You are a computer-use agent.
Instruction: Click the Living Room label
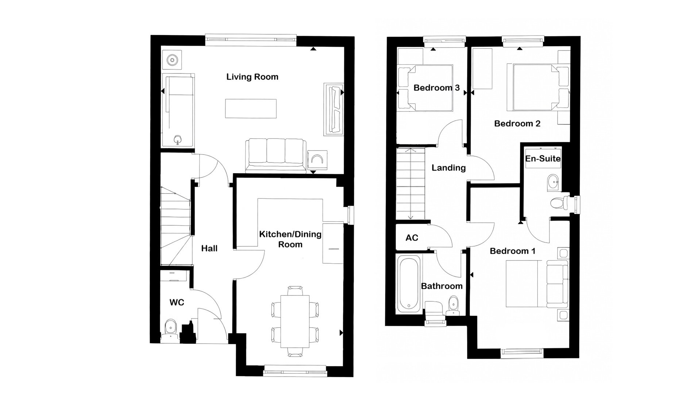tap(252, 77)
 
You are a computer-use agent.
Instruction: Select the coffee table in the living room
tap(250, 108)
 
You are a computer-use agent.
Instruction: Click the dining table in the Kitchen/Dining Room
tap(295, 321)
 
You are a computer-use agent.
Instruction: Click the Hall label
tap(209, 248)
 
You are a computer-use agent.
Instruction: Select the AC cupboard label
tap(412, 238)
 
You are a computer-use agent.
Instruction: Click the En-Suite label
tap(543, 159)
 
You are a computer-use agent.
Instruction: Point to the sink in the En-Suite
tap(554, 182)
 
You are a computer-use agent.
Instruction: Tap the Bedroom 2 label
tap(517, 123)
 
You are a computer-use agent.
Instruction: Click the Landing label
tap(448, 168)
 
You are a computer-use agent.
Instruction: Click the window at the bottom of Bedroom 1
tap(522, 352)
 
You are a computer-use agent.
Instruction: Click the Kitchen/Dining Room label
tap(290, 239)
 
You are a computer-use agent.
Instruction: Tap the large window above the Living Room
tap(250, 38)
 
